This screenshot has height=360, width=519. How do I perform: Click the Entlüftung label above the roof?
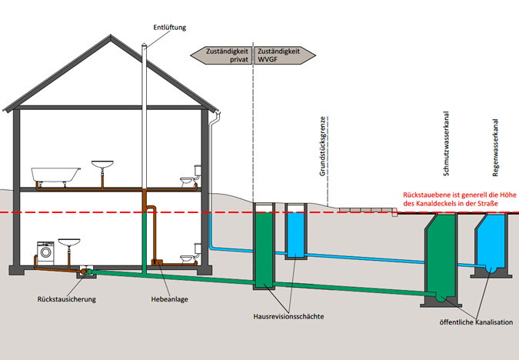click(169, 28)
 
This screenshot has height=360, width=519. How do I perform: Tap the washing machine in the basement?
click(45, 253)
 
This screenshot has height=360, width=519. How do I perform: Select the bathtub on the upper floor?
click(55, 175)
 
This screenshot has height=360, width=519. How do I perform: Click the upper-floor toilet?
click(191, 176)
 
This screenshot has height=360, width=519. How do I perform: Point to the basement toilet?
click(191, 254)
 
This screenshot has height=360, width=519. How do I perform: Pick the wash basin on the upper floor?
click(102, 165)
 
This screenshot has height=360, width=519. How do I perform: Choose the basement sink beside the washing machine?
click(69, 242)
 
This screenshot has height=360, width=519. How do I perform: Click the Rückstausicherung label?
click(67, 299)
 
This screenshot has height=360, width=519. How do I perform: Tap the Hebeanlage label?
click(169, 299)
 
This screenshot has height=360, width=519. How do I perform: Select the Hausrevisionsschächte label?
click(288, 316)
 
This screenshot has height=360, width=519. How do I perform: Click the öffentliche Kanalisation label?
click(476, 322)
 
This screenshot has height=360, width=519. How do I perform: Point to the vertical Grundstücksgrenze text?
click(323, 146)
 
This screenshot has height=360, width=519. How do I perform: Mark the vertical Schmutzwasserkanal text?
click(446, 143)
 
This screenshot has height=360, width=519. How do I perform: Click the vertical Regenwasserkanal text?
click(495, 148)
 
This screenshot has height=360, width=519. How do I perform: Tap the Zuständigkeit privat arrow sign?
click(221, 55)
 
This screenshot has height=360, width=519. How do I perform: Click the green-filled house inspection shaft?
click(264, 246)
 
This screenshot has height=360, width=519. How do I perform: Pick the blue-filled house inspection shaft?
click(296, 232)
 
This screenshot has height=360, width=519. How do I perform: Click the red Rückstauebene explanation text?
click(460, 199)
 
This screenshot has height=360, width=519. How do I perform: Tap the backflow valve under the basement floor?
click(87, 272)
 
